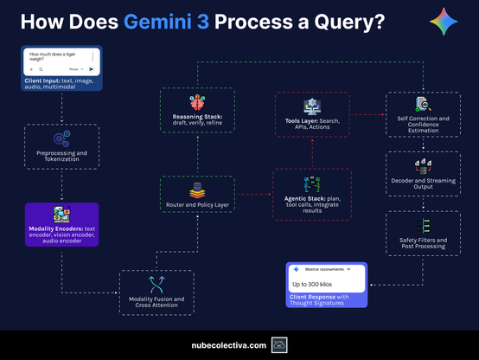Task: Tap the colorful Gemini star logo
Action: [444, 22]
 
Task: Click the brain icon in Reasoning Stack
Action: [198, 100]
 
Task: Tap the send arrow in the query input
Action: [93, 67]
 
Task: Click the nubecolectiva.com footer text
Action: [228, 344]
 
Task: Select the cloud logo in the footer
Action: [279, 344]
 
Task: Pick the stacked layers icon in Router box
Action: [197, 190]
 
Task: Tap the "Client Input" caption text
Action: [42, 80]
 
